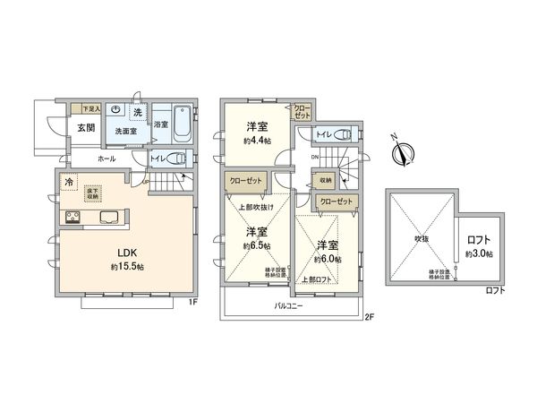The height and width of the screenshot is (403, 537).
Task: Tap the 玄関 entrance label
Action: [86, 127]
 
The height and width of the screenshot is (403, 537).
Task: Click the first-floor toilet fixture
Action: [175, 159]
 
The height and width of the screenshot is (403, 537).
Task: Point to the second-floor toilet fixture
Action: [345, 134]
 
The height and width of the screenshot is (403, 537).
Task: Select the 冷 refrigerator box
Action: [69, 183]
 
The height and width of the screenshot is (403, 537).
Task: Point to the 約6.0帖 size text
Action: [327, 257]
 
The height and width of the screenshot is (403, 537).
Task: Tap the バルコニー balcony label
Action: [288, 306]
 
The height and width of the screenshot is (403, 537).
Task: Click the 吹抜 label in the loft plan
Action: [419, 239]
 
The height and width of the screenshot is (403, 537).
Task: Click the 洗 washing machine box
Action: [137, 112]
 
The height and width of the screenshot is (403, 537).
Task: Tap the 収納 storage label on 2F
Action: [325, 180]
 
